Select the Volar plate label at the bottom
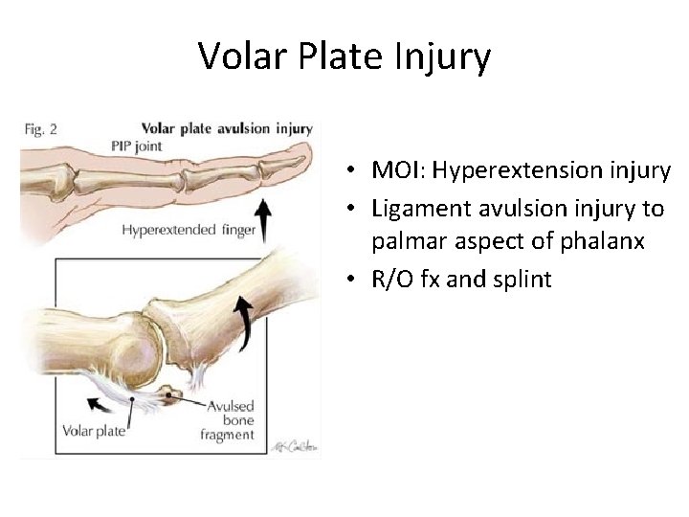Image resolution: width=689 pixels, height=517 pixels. [94, 431]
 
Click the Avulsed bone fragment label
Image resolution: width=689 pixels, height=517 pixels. [231, 420]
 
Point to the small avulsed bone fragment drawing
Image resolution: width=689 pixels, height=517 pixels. [173, 393]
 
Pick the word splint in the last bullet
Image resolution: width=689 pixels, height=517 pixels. [521, 281]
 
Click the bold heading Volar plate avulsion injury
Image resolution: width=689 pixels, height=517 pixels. [227, 127]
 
